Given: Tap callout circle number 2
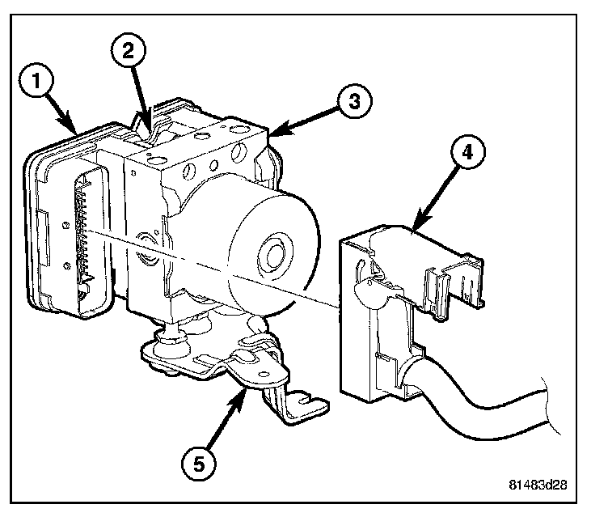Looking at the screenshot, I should click(x=129, y=50).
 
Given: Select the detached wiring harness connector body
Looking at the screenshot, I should click(x=380, y=316).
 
